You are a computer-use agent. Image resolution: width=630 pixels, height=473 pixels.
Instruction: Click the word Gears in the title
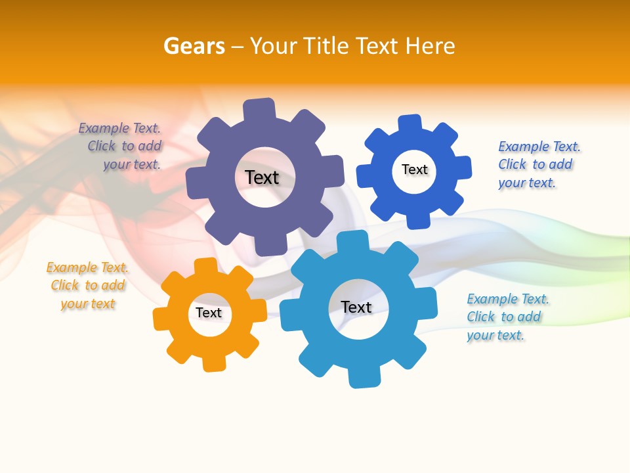194,46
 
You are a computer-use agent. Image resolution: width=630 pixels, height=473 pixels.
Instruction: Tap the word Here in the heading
430,46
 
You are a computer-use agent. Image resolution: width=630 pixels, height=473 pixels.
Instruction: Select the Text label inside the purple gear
262,177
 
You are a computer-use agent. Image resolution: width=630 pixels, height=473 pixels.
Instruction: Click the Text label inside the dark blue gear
414,169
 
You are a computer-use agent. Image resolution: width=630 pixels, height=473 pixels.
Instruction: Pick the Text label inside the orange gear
208,313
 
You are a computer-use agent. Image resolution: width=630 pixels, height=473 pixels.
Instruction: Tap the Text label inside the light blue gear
356,307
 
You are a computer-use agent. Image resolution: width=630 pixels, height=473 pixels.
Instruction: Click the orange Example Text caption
88,285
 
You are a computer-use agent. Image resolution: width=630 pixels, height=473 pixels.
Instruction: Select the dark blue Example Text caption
539,164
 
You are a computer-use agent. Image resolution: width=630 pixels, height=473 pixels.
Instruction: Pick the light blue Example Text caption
507,317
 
